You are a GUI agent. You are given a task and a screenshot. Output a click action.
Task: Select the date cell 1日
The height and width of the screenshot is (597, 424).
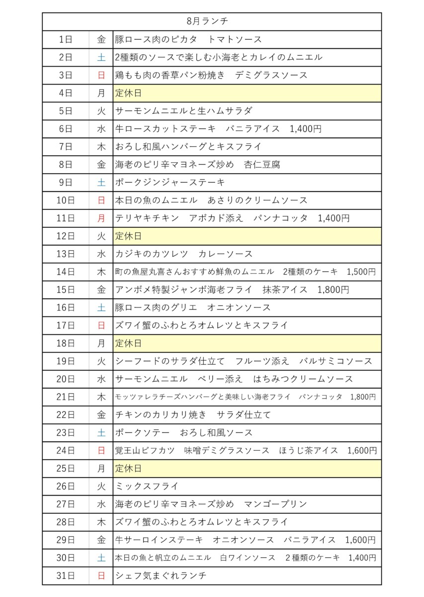pyautogui.click(x=66, y=39)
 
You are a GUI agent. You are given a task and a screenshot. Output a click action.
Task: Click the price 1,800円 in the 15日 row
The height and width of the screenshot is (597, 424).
pyautogui.click(x=333, y=290)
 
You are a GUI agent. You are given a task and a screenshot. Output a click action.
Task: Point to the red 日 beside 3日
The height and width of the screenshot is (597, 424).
pyautogui.click(x=101, y=75)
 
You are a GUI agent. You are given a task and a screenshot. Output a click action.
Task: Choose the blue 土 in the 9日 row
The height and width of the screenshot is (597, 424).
pyautogui.click(x=101, y=183)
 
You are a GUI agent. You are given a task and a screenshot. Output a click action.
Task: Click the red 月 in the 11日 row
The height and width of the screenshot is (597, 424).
pyautogui.click(x=101, y=218)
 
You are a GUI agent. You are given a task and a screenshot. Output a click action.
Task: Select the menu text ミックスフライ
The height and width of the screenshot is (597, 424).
pyautogui.click(x=147, y=487)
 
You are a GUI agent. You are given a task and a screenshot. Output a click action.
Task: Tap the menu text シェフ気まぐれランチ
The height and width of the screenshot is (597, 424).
pyautogui.click(x=161, y=576)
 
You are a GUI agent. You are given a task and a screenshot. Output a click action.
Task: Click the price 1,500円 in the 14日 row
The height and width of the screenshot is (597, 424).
pyautogui.click(x=361, y=272)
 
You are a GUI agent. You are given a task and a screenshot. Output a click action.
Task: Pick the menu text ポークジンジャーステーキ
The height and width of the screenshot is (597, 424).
pyautogui.click(x=170, y=183)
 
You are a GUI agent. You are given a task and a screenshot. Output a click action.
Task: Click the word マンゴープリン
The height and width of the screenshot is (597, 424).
pyautogui.click(x=275, y=504)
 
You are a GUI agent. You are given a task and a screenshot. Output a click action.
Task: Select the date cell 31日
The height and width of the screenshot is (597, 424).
pyautogui.click(x=66, y=576)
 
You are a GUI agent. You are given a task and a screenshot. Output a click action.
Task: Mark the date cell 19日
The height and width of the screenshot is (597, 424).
pyautogui.click(x=66, y=361)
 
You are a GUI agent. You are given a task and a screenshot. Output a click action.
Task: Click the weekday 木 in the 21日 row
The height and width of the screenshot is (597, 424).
pyautogui.click(x=101, y=397)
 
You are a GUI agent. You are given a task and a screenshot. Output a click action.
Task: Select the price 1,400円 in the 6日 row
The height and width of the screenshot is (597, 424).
pyautogui.click(x=305, y=129)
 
